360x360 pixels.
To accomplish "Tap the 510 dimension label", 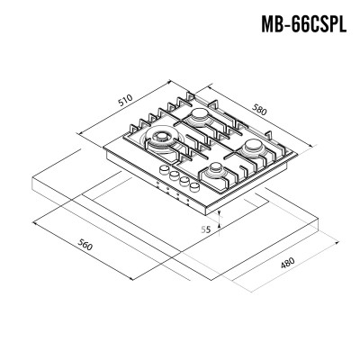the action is (x=125, y=101).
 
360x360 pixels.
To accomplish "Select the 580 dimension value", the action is (x=259, y=109).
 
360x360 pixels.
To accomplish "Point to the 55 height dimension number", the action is (x=205, y=229).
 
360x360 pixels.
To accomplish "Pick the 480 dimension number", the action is (x=288, y=263).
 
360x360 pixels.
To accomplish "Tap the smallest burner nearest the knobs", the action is (x=215, y=170).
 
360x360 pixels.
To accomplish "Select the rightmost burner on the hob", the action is (x=254, y=148).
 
